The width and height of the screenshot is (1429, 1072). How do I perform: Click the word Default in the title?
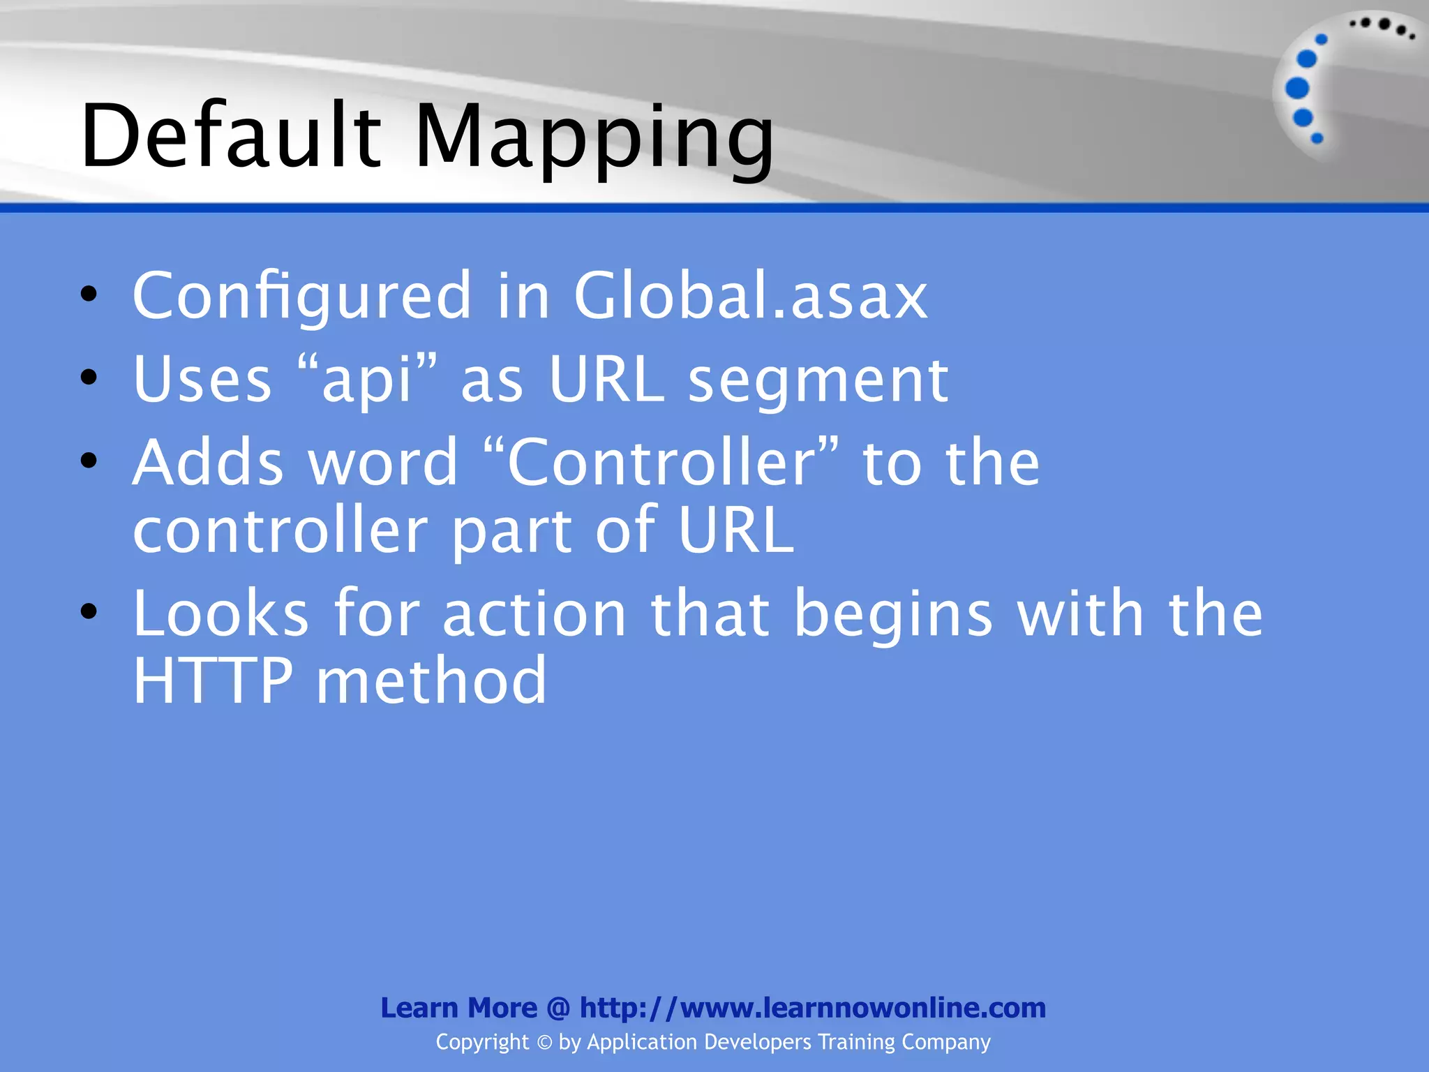point(231,135)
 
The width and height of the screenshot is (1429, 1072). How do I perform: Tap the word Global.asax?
point(750,296)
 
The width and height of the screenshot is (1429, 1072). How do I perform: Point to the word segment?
point(818,380)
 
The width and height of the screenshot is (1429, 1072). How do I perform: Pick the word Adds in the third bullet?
point(208,462)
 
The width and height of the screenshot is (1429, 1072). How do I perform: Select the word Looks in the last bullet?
point(220,613)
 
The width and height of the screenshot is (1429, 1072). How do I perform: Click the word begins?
point(893,613)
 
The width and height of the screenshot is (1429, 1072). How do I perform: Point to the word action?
point(534,613)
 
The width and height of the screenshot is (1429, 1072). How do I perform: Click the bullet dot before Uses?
point(89,378)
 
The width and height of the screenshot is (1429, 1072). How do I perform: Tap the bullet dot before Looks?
point(89,612)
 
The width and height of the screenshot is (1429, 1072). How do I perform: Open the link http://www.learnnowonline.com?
point(813,1008)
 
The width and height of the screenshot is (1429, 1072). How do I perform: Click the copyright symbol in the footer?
point(544,1043)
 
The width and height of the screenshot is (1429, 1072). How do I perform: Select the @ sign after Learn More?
point(558,1008)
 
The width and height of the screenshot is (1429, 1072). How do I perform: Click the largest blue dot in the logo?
point(1297,89)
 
